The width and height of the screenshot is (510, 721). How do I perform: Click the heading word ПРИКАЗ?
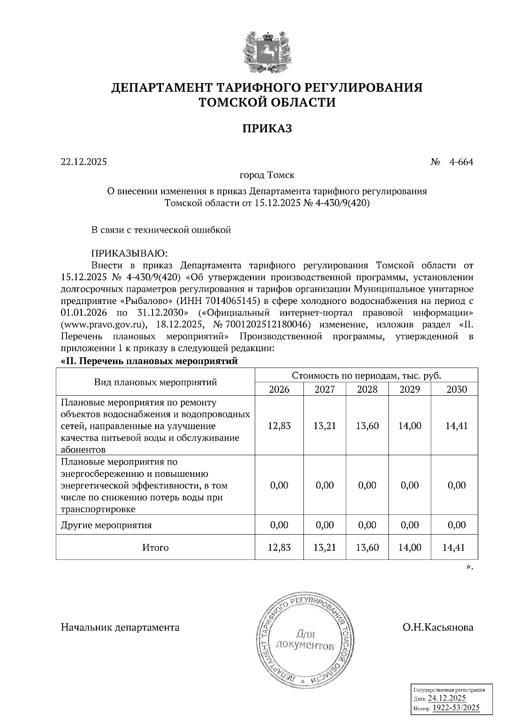pyautogui.click(x=267, y=128)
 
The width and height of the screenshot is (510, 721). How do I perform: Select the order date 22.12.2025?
pyautogui.click(x=84, y=162)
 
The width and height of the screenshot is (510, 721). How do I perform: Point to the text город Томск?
pyautogui.click(x=267, y=175)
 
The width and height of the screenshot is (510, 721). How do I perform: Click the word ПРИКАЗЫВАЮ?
pyautogui.click(x=130, y=253)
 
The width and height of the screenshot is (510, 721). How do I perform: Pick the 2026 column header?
pyautogui.click(x=279, y=389)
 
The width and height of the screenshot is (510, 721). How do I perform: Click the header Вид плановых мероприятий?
pyautogui.click(x=156, y=382)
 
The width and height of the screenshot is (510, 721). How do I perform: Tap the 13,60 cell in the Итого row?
pyautogui.click(x=367, y=548)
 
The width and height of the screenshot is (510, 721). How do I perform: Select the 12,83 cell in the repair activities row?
pyautogui.click(x=279, y=426)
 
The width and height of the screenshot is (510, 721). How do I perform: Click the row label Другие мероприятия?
pyautogui.click(x=106, y=525)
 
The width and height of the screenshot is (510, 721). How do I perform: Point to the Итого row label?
pyautogui.click(x=156, y=548)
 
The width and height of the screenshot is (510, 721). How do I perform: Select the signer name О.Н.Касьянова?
pyautogui.click(x=438, y=628)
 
